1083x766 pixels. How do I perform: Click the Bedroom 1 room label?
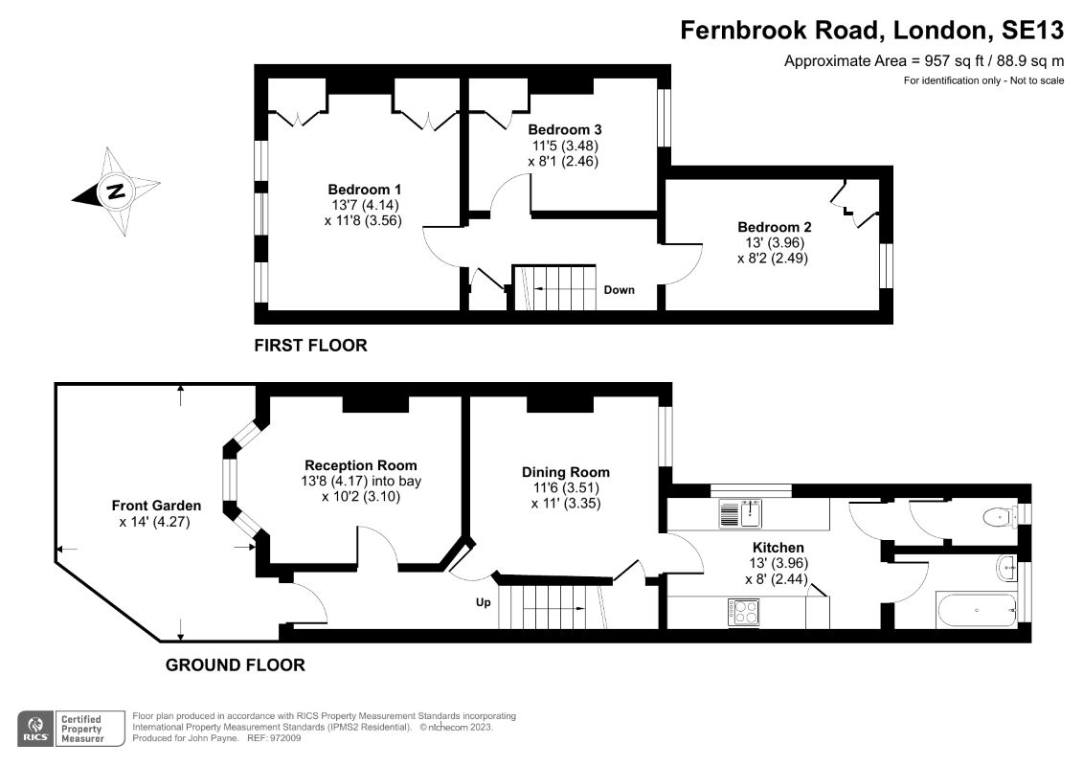[364, 190]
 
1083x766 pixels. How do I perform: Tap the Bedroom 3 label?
[564, 129]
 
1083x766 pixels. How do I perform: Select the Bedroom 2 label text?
[775, 227]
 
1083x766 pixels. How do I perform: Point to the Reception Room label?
[361, 465]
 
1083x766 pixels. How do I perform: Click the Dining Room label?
[566, 472]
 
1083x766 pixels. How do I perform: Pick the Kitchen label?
[778, 548]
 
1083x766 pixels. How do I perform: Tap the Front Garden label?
[156, 506]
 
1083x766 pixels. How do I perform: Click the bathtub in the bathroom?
[976, 609]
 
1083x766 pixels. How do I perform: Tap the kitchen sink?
[740, 514]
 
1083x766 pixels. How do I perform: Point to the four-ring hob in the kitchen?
[743, 613]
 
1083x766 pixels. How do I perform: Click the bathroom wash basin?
[1007, 568]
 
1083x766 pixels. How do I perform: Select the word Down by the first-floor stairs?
[619, 290]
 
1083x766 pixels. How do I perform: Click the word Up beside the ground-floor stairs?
[484, 603]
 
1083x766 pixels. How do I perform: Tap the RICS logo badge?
[36, 729]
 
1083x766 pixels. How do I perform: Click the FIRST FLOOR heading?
[311, 346]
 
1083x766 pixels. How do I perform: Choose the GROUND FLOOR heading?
[235, 665]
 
